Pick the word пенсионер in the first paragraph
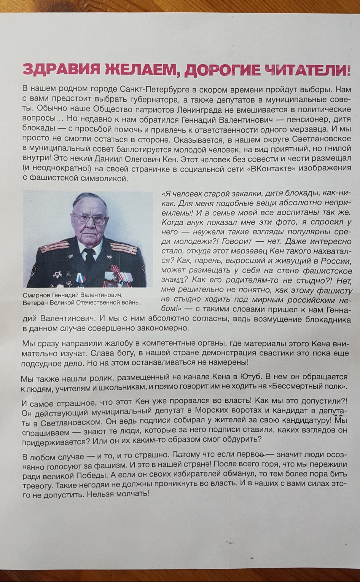304,119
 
